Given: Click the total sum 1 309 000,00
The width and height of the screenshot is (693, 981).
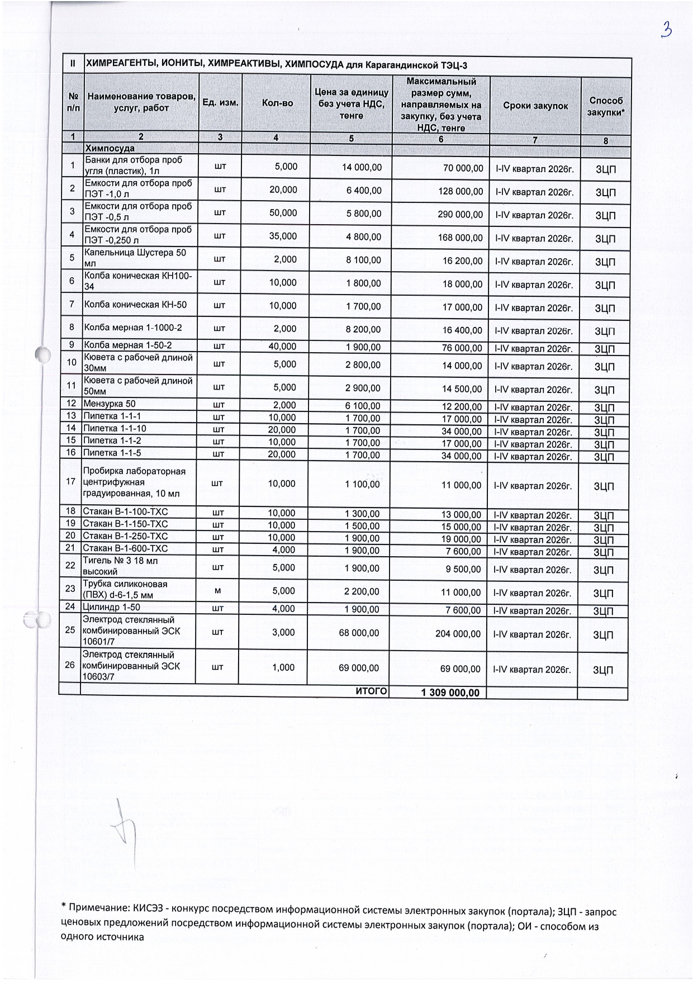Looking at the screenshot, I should coord(450,693).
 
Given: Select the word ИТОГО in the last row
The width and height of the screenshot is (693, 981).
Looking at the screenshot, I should coord(371,691).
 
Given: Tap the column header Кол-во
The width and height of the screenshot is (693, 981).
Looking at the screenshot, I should coord(277,103).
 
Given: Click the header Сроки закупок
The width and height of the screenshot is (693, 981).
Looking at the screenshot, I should coord(535,106).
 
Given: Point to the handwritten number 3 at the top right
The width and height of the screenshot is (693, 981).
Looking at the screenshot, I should coord(666,30).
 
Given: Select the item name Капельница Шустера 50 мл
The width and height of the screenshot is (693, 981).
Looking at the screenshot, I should coord(136,258).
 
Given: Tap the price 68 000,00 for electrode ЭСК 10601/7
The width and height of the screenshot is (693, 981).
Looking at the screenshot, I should coord(359,633).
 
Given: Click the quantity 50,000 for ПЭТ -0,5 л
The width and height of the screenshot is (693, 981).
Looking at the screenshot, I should coord(283,214).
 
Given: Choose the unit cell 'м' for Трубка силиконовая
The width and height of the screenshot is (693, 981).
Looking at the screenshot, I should coord(218,592).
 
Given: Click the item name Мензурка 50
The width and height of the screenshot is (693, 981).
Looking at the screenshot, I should coord(110,404).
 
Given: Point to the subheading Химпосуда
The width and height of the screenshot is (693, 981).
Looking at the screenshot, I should coord(110,149).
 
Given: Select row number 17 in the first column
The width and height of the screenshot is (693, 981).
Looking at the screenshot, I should coord(70,481).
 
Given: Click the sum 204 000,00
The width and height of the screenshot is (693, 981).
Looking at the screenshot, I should coord(458,634).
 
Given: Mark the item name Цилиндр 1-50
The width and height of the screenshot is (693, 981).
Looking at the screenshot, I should coord(111,607).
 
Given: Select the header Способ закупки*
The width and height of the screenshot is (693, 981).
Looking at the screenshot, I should coord(606,106).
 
